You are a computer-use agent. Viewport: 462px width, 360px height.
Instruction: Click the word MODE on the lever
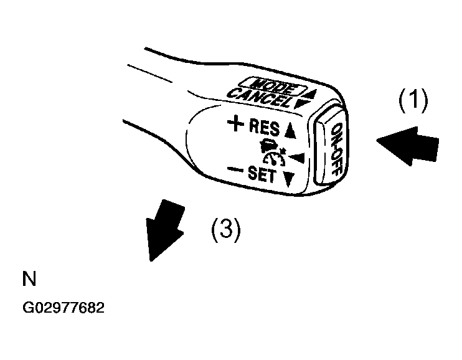272,86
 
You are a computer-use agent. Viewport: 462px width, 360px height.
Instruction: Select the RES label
265,128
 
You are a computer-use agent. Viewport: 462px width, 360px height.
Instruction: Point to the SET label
262,174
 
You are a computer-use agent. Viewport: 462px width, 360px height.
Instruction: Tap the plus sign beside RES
236,123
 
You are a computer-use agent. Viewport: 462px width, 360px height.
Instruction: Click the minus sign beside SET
235,169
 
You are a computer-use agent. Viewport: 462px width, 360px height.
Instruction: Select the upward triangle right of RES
290,131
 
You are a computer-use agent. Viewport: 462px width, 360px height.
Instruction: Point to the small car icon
269,144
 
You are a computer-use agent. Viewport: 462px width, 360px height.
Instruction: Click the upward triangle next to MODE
311,94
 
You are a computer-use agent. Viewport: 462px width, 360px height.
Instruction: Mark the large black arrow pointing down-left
164,230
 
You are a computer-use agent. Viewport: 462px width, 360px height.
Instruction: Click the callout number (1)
413,100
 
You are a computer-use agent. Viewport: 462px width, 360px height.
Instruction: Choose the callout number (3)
226,229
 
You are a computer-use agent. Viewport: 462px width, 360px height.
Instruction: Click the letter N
29,278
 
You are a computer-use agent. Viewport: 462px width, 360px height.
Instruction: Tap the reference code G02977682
64,308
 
